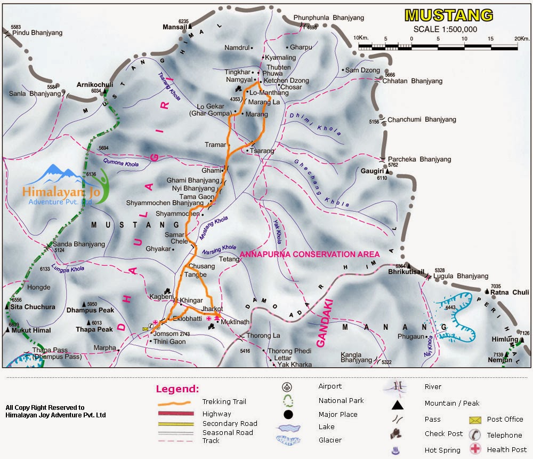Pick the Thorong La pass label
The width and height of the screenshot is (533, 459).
pyautogui.click(x=263, y=336)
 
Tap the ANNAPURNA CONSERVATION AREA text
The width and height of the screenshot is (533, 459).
pyautogui.click(x=310, y=255)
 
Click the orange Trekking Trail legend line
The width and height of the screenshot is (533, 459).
pyautogui.click(x=176, y=402)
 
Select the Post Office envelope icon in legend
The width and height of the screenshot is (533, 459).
pyautogui.click(x=474, y=420)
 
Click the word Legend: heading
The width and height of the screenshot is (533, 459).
pyautogui.click(x=177, y=389)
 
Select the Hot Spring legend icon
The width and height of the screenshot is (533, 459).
pyautogui.click(x=395, y=450)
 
